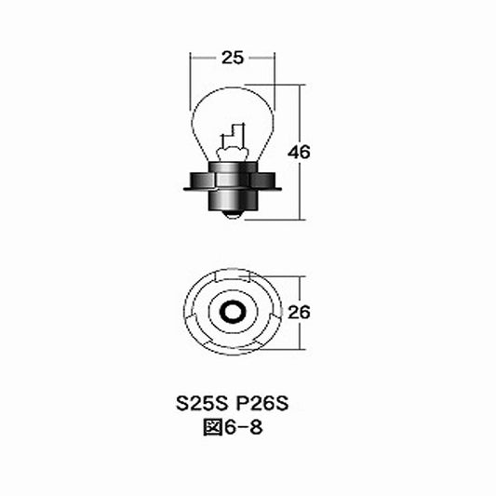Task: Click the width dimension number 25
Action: [233, 58]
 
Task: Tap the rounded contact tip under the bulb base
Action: [232, 214]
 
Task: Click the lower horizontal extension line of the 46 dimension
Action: [279, 219]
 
